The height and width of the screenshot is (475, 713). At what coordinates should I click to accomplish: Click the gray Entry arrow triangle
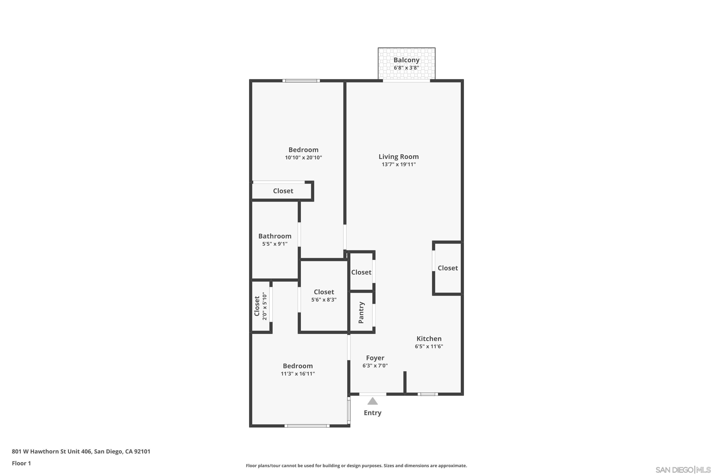click(x=373, y=402)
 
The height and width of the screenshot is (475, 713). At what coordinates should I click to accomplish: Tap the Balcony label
click(x=406, y=60)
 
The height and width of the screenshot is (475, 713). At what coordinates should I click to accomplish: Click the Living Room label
click(x=398, y=157)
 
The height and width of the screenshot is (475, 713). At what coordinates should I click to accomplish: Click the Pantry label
click(x=361, y=312)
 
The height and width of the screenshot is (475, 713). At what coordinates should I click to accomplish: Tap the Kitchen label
click(x=429, y=339)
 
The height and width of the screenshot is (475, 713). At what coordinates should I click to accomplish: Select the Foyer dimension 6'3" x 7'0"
click(x=375, y=366)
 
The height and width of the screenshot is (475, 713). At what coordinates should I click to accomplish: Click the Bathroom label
click(x=275, y=236)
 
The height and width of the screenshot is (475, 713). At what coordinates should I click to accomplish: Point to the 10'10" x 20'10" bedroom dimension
click(x=303, y=157)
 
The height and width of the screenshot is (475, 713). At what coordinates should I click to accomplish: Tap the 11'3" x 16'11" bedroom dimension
click(x=298, y=374)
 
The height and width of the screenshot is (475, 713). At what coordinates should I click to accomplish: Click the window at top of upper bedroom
click(x=301, y=81)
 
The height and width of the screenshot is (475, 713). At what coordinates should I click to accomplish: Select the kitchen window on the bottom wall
click(x=427, y=394)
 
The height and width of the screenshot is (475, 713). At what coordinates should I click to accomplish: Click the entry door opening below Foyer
click(x=373, y=394)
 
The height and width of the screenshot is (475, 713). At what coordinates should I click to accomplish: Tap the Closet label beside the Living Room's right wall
click(x=448, y=268)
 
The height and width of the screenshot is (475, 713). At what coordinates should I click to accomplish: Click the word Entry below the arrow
click(x=373, y=413)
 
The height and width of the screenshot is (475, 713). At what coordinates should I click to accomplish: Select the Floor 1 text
click(x=21, y=463)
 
